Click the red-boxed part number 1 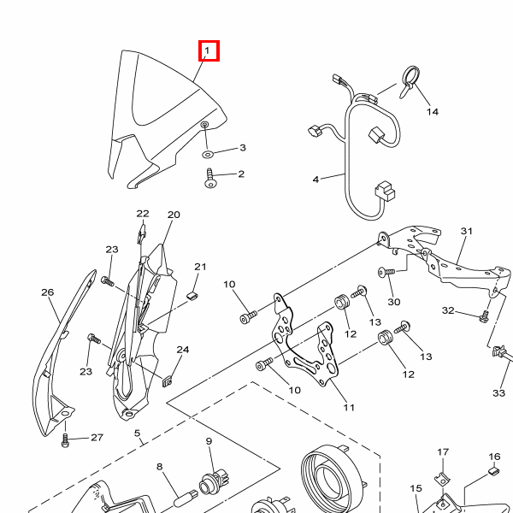coord(207,50)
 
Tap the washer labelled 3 coord(207,154)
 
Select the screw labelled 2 coord(209,179)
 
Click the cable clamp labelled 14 coord(410,82)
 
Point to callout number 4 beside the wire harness coord(315,180)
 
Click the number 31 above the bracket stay coord(467,231)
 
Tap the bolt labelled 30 coord(386,272)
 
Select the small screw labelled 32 coord(484,316)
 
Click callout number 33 coord(498,392)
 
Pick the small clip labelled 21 coord(192,296)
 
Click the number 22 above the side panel coord(143,214)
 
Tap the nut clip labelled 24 coord(168,381)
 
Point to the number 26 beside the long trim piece coord(47,292)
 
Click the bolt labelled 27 coord(65,440)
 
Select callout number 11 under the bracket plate coord(349,407)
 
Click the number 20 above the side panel coord(174,215)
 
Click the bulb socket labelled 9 coord(214,481)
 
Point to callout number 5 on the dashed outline coord(137,433)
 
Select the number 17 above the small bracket coord(443,451)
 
